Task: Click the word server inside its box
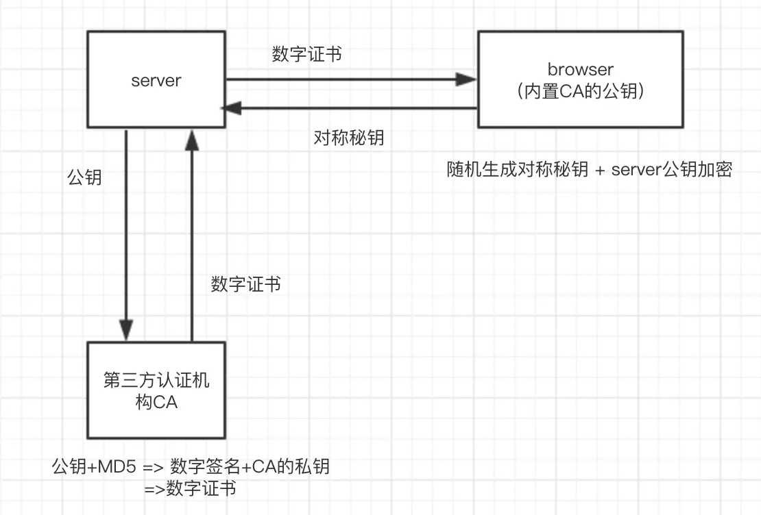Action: [156, 80]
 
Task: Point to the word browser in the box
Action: [580, 69]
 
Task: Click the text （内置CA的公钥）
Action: [580, 91]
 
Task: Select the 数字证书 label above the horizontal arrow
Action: [306, 55]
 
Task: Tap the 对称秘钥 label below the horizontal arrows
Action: [348, 138]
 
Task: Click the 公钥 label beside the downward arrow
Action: [84, 177]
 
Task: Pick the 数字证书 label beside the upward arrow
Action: [245, 284]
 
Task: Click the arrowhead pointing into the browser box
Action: [468, 80]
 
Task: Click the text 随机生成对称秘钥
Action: [517, 169]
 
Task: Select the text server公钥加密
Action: [672, 169]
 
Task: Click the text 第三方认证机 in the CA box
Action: [156, 381]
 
